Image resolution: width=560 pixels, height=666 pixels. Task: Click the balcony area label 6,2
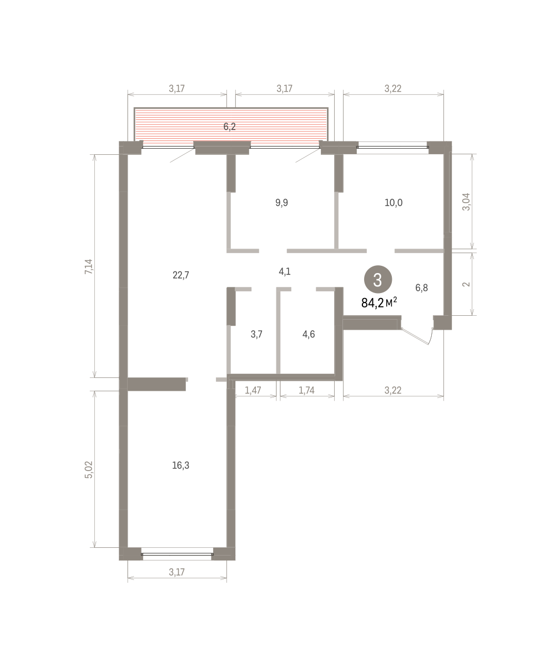coord(229,127)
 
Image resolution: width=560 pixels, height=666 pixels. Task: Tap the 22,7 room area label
coord(181,275)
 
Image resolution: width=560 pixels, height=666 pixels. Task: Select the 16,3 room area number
coord(181,466)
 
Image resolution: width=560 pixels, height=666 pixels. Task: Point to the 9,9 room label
coord(281,203)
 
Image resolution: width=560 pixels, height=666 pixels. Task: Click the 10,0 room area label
coord(393,203)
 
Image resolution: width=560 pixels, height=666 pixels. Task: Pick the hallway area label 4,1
coord(285,271)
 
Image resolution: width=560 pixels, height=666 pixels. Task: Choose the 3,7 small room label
coord(256,334)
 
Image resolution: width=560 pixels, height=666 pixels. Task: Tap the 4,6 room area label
coord(309,334)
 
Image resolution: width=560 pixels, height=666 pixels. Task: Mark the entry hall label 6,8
coord(422,287)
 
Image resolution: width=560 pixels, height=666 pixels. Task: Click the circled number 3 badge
coord(378,280)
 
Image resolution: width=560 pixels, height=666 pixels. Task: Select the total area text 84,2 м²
coord(379,302)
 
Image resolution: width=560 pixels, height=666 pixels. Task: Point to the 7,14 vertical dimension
coord(89,266)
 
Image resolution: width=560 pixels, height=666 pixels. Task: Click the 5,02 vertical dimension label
coord(89,470)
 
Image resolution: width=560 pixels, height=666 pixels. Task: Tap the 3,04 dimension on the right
coord(466,202)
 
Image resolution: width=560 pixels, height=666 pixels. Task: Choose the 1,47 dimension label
coord(253,390)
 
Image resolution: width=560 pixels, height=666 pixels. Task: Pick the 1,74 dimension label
coord(306,390)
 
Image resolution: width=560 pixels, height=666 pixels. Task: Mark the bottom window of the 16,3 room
coord(177,554)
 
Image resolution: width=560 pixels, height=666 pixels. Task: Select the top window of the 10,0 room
coord(392,148)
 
